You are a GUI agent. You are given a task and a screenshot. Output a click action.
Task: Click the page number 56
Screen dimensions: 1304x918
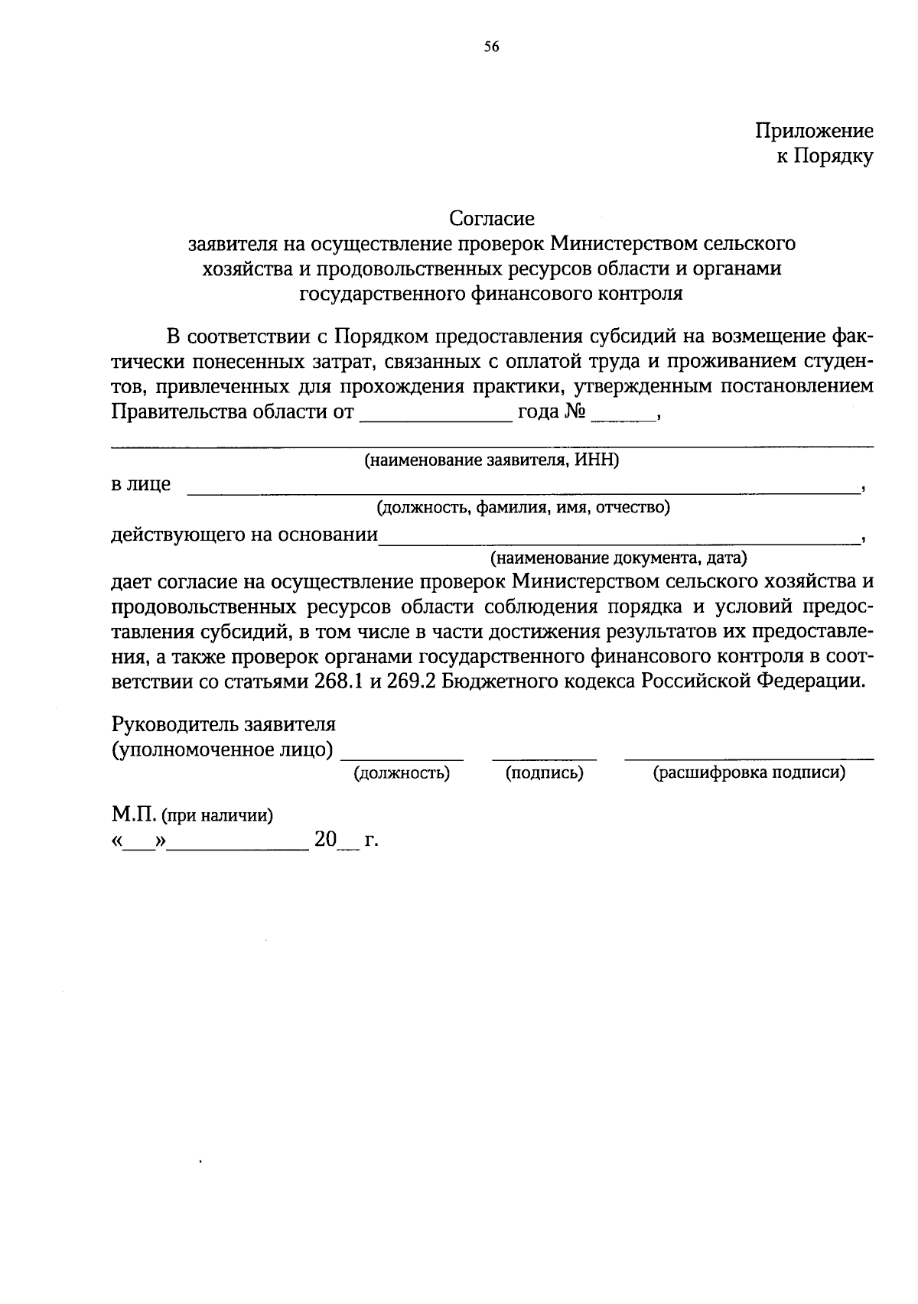tap(491, 47)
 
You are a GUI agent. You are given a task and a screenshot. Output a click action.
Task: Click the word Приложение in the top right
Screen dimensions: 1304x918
tap(814, 131)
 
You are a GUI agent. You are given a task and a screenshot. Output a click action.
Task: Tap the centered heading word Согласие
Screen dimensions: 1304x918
tap(491, 219)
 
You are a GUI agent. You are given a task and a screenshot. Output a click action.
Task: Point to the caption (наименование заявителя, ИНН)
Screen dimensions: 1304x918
tap(491, 460)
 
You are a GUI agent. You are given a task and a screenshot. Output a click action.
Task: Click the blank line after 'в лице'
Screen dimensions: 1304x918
tap(523, 489)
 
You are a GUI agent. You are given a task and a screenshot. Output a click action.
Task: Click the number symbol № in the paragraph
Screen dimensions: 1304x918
tap(575, 413)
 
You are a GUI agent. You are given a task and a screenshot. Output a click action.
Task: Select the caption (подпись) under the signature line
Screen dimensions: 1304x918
tap(545, 773)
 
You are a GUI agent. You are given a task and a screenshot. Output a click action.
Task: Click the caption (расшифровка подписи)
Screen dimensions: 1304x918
tap(749, 773)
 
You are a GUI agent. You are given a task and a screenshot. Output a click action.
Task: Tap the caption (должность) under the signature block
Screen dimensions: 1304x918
tap(402, 773)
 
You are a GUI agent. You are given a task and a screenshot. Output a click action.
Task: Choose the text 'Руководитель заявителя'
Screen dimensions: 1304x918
tap(223, 724)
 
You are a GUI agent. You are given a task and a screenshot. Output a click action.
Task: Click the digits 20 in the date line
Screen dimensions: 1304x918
tap(325, 840)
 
